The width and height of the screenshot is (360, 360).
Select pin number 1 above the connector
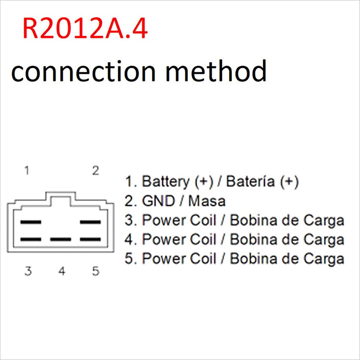[x=27, y=171]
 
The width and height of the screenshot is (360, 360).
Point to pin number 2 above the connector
[x=96, y=171]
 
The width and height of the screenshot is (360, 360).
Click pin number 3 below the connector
[x=28, y=271]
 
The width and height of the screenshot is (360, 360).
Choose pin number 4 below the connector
[x=62, y=271]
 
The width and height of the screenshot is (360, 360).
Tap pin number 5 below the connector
[x=96, y=271]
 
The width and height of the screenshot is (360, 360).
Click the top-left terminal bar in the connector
[x=31, y=222]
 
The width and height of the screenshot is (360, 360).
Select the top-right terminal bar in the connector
[x=91, y=222]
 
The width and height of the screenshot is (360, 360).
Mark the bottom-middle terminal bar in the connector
[x=61, y=239]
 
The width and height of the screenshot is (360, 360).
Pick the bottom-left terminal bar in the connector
[x=31, y=239]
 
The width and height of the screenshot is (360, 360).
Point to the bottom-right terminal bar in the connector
[x=91, y=239]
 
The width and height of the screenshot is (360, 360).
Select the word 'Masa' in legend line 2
[x=207, y=201]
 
